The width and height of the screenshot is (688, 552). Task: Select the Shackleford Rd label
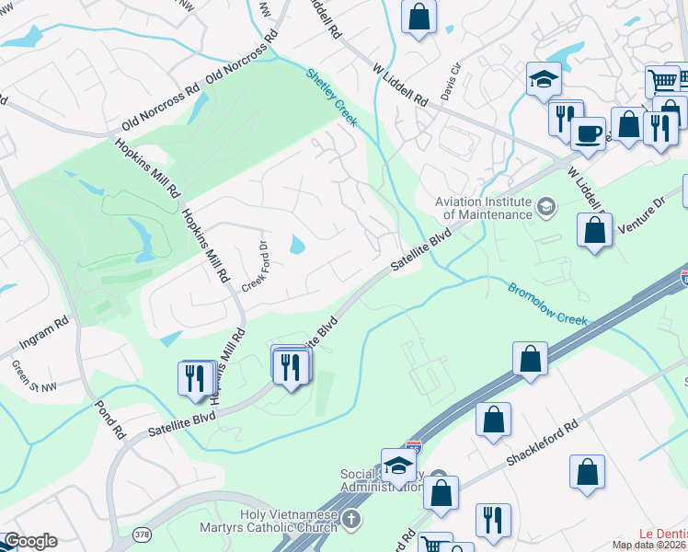[545, 441]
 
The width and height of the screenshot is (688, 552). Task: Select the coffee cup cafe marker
[588, 132]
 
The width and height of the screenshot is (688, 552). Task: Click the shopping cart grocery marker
[662, 81]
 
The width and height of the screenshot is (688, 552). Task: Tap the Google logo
[30, 541]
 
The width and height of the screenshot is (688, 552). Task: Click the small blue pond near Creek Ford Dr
[297, 245]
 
